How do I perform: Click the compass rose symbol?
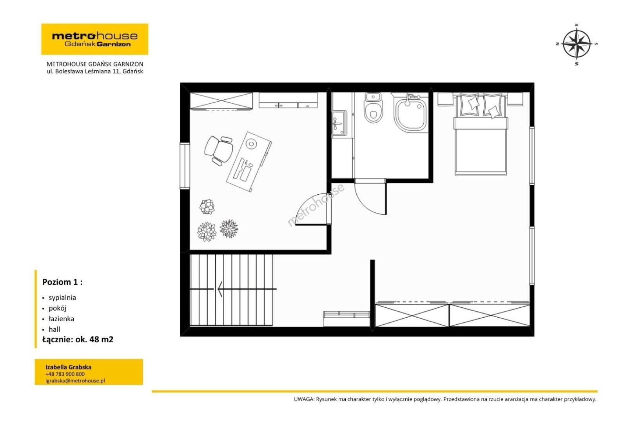[577, 44]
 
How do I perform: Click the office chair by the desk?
[219, 150]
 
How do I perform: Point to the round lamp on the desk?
[251, 144]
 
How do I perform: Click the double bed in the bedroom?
[481, 135]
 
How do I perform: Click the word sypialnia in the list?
[62, 298]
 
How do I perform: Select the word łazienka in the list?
[62, 319]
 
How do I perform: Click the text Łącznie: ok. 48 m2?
[78, 339]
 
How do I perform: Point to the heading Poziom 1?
[62, 282]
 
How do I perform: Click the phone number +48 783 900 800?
[65, 374]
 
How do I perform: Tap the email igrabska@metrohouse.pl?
[75, 381]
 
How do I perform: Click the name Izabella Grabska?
[68, 367]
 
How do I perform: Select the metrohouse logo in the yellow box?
[95, 39]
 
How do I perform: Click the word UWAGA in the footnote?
[304, 399]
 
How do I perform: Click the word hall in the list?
[54, 329]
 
